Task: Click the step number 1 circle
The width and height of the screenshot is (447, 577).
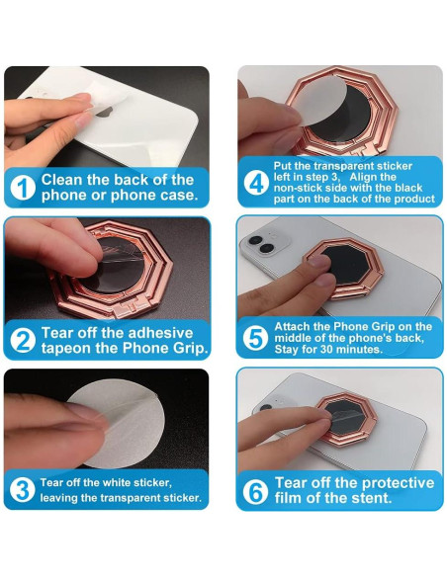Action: coord(23,187)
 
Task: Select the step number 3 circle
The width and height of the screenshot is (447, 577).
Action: coord(23,490)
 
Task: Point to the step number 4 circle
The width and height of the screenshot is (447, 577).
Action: coord(255,184)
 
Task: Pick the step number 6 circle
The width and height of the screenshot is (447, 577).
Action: coord(255,491)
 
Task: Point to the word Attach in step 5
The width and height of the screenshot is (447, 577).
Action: coord(295,325)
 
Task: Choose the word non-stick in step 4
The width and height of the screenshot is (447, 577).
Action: coord(296,187)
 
